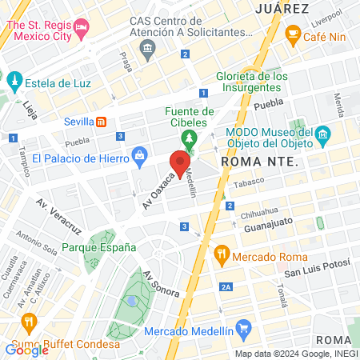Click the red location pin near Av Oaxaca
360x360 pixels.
pyautogui.click(x=180, y=163)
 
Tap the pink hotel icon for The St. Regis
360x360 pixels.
pyautogui.click(x=81, y=30)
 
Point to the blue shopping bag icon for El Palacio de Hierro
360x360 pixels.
pyautogui.click(x=139, y=153)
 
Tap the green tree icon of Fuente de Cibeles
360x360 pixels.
pyautogui.click(x=189, y=139)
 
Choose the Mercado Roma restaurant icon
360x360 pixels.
pyautogui.click(x=222, y=257)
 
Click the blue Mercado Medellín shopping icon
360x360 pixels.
pyautogui.click(x=244, y=329)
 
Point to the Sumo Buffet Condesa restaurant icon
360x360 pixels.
pyautogui.click(x=29, y=323)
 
